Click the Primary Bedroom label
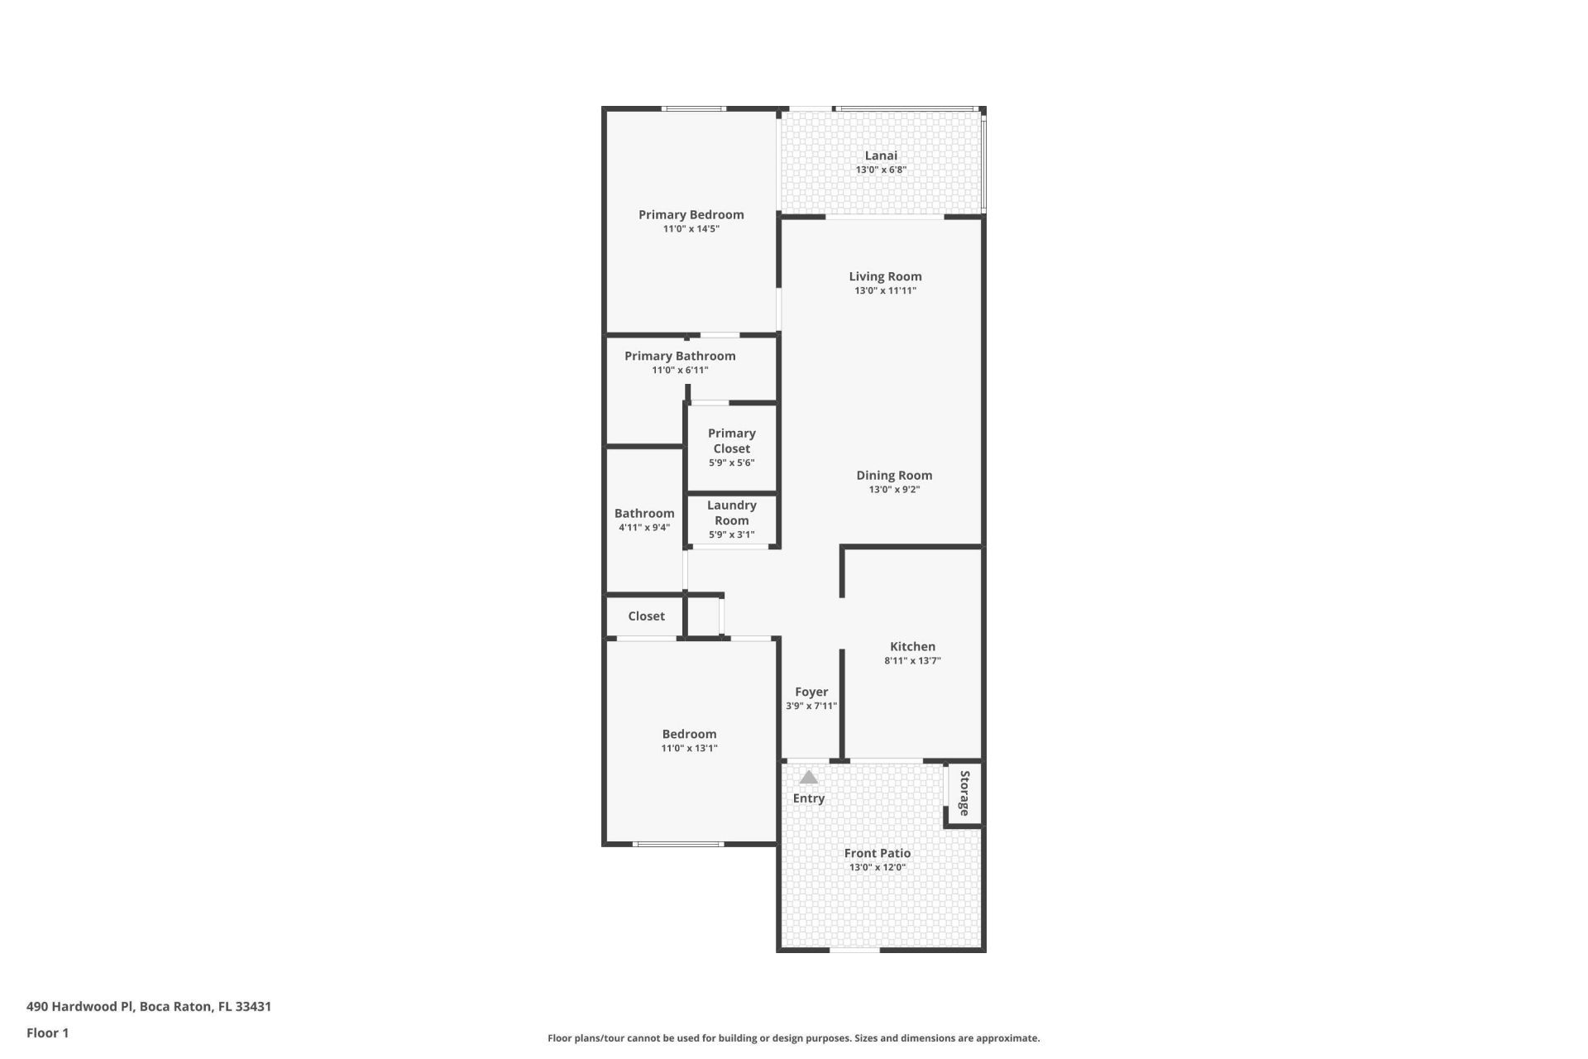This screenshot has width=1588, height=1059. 691,214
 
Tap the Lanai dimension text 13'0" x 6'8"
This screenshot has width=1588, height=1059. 881,170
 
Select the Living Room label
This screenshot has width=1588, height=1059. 885,276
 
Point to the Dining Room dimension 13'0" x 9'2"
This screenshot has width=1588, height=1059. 894,489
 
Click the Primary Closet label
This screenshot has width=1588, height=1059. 731,441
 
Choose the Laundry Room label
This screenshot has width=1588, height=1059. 731,512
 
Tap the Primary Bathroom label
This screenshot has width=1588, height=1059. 680,356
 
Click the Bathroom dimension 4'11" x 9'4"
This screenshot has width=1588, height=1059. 644,527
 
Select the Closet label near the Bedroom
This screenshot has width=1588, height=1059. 646,616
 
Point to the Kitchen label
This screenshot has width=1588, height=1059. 912,646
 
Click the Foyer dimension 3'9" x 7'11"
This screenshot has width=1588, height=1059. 811,706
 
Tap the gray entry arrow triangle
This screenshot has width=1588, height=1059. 809,778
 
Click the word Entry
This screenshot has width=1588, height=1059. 809,798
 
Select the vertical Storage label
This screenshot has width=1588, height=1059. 964,793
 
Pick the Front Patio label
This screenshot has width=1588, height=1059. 878,853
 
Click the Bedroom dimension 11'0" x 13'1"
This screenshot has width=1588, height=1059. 689,748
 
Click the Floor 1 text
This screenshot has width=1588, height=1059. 47,1033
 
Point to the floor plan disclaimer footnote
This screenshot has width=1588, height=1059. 793,1037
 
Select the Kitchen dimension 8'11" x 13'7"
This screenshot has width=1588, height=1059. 912,660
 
